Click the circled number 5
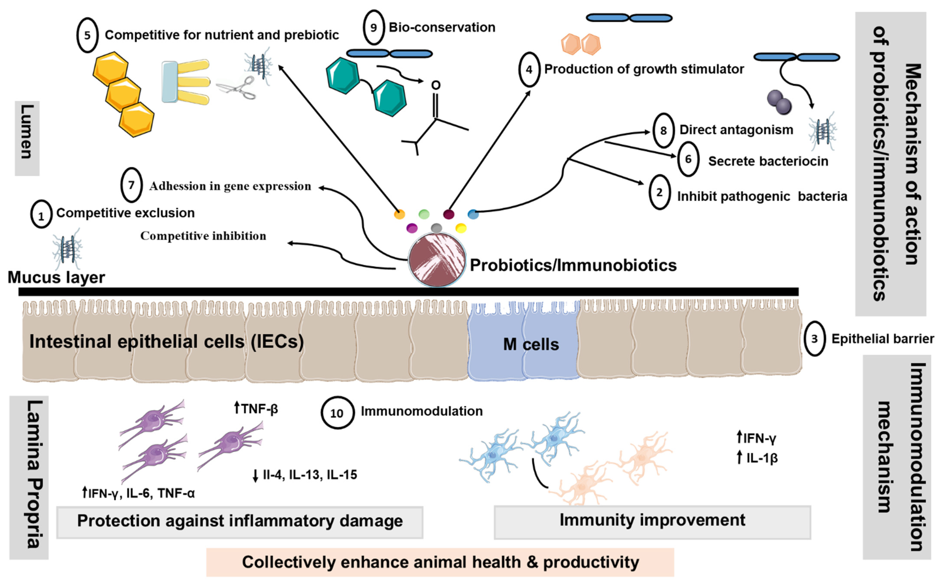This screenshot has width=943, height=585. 87,35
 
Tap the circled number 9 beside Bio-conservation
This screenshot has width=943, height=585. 373,27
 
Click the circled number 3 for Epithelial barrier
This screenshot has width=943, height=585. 814,339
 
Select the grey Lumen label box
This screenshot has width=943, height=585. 27,138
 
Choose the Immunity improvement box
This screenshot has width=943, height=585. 652,521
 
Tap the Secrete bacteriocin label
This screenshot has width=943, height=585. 768,161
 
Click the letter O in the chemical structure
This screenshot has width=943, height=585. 436,85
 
